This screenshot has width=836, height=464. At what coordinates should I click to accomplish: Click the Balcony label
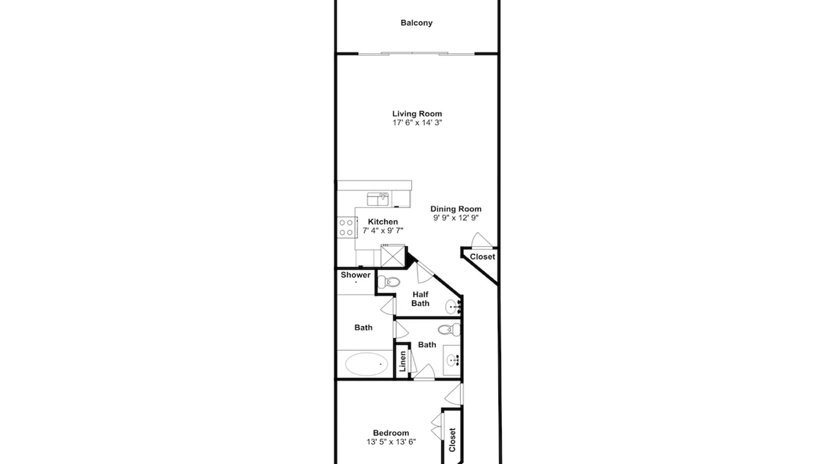pos(417,23)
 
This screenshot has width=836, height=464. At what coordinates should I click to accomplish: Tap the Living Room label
pos(417,114)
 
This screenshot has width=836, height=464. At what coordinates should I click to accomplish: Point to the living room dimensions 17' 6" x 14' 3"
pos(417,122)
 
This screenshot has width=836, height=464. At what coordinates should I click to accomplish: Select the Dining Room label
pos(456,209)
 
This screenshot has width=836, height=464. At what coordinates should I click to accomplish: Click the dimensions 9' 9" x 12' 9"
pos(456,218)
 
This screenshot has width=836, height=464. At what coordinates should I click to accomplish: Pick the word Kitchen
pos(383,222)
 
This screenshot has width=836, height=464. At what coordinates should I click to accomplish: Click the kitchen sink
pos(378,199)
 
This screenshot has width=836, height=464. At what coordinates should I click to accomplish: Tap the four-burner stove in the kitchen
pos(346,227)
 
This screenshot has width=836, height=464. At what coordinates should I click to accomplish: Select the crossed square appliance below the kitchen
pos(393,255)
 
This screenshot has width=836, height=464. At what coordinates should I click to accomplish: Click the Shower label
pos(356,275)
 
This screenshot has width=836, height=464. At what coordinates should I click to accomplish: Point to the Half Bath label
pos(420,299)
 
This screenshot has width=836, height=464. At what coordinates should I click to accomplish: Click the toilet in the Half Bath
pos(389,282)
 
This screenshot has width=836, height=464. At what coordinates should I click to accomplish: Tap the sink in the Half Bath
pos(453,307)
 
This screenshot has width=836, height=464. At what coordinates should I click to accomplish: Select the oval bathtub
pos(366,364)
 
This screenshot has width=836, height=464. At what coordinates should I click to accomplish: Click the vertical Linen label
pos(403,361)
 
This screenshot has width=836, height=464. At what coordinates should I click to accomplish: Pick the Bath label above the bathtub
pos(363,328)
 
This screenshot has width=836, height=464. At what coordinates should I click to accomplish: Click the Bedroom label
pos(391,433)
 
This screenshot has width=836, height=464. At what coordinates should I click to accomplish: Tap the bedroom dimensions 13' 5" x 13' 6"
pos(391,442)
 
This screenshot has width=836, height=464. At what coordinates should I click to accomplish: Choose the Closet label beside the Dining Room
pos(483,257)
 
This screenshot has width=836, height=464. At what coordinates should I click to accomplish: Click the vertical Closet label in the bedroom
pos(452,440)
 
